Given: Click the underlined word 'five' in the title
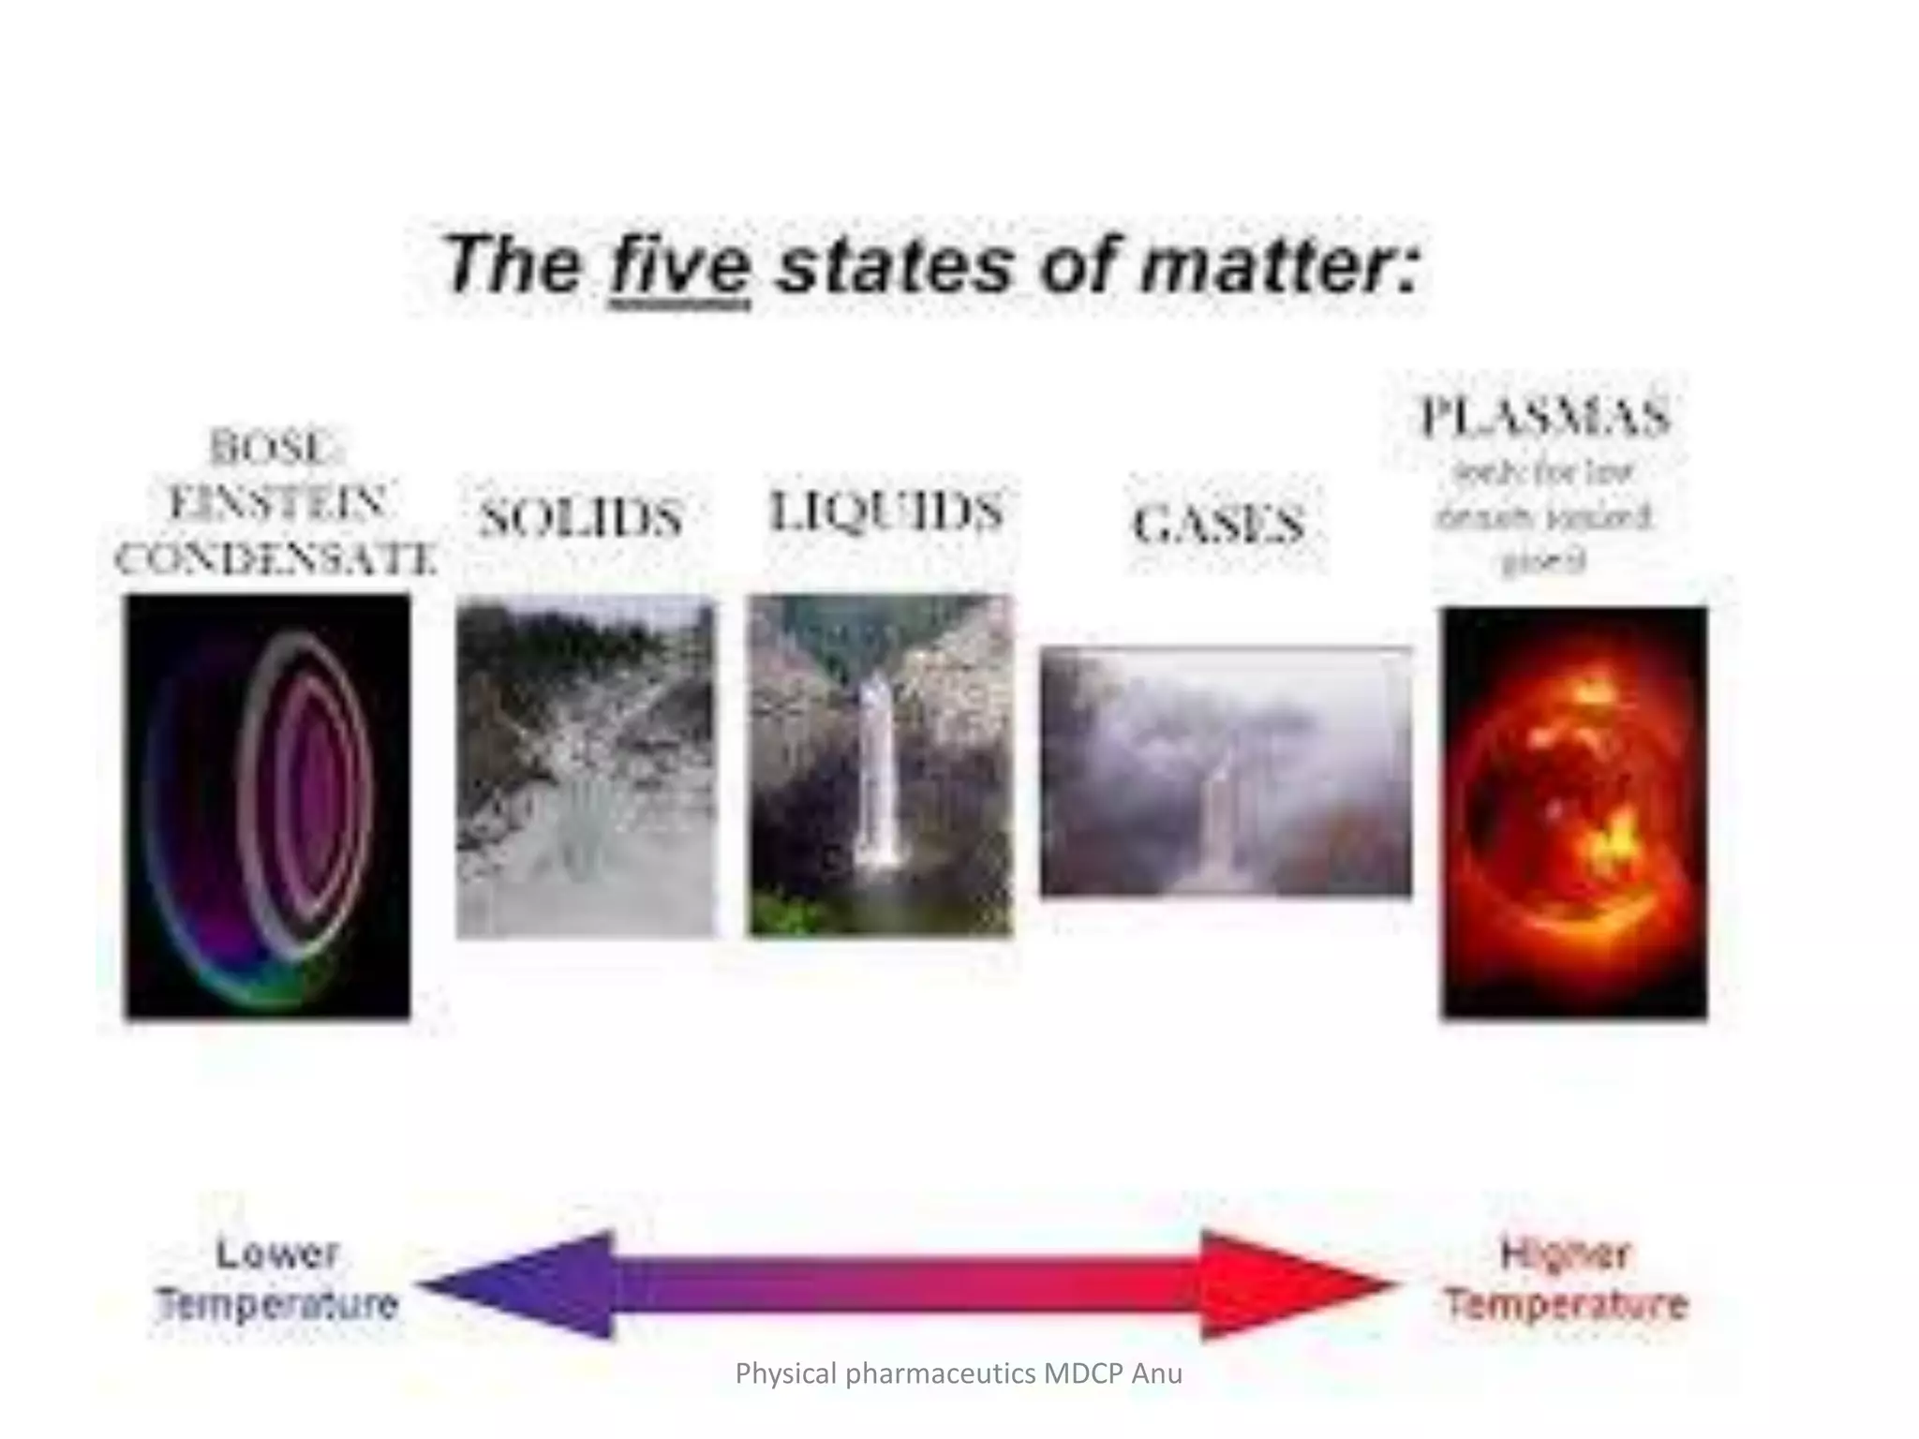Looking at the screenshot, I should pyautogui.click(x=679, y=267).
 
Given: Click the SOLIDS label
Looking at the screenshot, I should pyautogui.click(x=581, y=518).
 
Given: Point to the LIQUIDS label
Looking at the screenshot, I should pyautogui.click(x=885, y=512).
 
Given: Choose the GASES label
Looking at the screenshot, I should pyautogui.click(x=1218, y=524).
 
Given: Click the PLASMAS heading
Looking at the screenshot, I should pyautogui.click(x=1544, y=417).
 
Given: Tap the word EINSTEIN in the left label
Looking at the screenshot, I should pyautogui.click(x=277, y=503).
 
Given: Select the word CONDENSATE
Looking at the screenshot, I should pyautogui.click(x=275, y=559).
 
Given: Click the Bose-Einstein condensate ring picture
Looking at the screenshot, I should pyautogui.click(x=268, y=807).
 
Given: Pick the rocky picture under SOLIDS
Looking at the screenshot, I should pyautogui.click(x=586, y=767).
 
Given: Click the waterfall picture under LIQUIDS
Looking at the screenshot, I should pyautogui.click(x=880, y=765).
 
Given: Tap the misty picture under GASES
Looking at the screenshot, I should pyautogui.click(x=1226, y=771).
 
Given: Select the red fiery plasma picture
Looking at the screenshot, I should pyautogui.click(x=1574, y=812).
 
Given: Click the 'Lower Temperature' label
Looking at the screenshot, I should pyautogui.click(x=277, y=1279).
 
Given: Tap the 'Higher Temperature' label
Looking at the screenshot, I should pyautogui.click(x=1566, y=1279).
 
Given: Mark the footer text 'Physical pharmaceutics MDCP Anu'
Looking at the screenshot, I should pyautogui.click(x=959, y=1373).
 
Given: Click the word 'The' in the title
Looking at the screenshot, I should pyautogui.click(x=511, y=265).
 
